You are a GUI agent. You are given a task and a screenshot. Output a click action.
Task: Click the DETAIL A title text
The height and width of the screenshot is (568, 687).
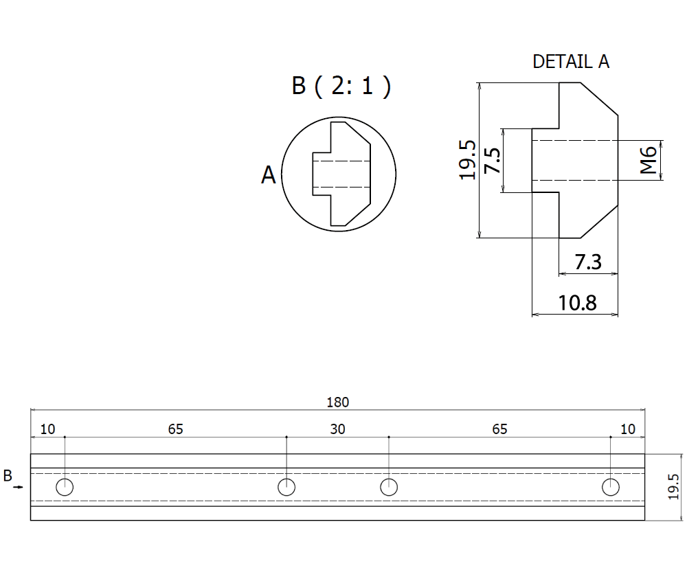click(571, 61)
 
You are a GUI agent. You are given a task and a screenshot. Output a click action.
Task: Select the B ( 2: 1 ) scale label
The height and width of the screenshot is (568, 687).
click(341, 87)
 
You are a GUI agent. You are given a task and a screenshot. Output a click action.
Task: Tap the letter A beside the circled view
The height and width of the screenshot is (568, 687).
click(268, 176)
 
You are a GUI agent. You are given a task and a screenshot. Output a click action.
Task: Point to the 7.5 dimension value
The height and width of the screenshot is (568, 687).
click(491, 160)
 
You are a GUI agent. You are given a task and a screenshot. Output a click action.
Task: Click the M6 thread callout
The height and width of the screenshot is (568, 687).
click(649, 161)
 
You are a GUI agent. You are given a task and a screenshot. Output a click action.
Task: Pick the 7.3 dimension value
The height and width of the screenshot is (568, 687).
click(587, 262)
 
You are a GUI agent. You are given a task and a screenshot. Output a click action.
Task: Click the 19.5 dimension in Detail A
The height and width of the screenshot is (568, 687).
click(468, 160)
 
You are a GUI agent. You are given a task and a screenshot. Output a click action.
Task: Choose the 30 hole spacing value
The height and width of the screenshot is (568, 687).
click(337, 429)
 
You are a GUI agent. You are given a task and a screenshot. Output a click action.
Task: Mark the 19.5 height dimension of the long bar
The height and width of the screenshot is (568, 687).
click(674, 487)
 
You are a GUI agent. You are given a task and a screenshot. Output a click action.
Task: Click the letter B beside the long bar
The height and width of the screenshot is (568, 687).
click(8, 475)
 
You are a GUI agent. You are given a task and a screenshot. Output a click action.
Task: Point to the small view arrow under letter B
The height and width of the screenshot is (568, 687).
click(19, 487)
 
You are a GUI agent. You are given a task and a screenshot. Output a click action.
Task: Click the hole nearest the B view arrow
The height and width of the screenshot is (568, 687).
click(65, 487)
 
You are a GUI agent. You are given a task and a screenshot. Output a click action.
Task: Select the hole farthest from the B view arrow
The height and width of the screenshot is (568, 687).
click(610, 487)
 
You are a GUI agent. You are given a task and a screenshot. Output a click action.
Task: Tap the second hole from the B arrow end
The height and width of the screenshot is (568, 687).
click(286, 487)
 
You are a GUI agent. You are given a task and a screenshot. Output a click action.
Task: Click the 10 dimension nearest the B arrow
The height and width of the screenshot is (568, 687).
click(47, 429)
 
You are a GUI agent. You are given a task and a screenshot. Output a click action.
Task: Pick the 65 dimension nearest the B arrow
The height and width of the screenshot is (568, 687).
click(175, 429)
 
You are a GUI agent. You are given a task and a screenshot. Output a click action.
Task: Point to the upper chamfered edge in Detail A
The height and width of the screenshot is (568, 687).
click(600, 98)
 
